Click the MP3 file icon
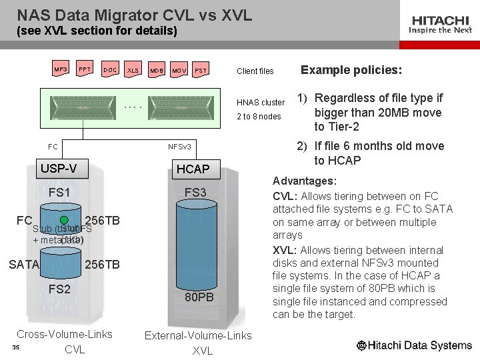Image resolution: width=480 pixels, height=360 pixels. [60, 69]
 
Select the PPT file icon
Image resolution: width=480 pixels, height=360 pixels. [85, 69]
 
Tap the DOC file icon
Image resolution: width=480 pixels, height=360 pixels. [110, 70]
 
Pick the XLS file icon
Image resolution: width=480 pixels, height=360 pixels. [133, 70]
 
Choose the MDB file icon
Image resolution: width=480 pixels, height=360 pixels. [156, 70]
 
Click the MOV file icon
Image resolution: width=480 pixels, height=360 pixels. [179, 70]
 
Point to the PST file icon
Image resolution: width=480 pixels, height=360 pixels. [201, 70]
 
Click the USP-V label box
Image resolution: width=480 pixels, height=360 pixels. [59, 169]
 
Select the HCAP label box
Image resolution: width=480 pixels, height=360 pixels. [193, 169]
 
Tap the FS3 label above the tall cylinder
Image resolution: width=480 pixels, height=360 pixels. [195, 193]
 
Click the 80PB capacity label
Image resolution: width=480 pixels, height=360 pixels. [199, 297]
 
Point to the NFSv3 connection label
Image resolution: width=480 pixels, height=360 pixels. [180, 146]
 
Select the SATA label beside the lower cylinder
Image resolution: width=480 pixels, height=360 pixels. [24, 265]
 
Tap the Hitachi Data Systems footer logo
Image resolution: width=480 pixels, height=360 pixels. [414, 345]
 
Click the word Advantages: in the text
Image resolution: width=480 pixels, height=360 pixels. [305, 181]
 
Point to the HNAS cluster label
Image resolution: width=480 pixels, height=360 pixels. [261, 103]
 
